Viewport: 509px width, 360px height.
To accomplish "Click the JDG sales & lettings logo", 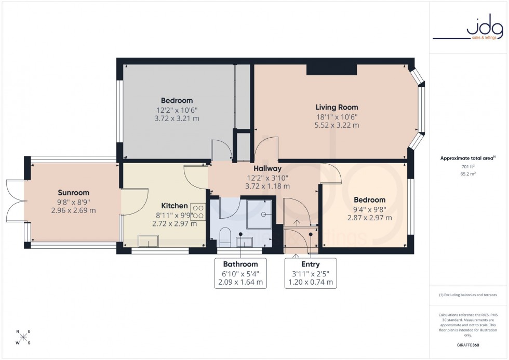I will click(468, 29).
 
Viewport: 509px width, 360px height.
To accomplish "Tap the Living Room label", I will click(337, 108).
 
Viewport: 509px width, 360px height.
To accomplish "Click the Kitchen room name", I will click(174, 206).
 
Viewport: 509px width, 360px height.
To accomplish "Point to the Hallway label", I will click(267, 168).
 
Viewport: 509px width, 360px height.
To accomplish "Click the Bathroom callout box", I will click(240, 273).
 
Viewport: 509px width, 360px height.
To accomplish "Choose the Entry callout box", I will click(311, 273).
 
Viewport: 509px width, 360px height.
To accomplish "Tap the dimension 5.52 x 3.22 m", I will click(337, 125).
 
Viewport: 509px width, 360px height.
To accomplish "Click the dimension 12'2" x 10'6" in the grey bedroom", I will click(177, 110).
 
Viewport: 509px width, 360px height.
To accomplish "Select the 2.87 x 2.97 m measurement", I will click(370, 218).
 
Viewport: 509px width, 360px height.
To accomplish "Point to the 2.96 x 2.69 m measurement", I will click(74, 210).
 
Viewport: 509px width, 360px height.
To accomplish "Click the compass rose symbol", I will click(23, 337).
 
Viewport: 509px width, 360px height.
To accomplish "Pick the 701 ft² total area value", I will click(468, 167).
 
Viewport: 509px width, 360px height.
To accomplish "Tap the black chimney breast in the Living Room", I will click(331, 70).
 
